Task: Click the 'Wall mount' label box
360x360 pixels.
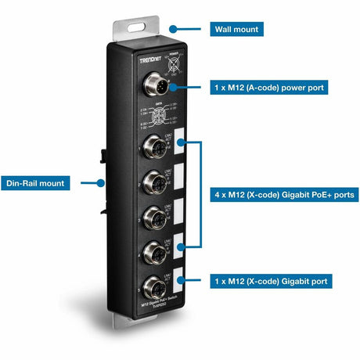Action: coord(236,29)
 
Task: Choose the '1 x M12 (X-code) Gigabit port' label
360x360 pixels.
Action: coord(270,279)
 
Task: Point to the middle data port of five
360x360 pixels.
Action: coord(152,216)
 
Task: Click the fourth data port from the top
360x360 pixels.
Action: coord(152,250)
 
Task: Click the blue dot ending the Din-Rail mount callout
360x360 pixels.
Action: coord(101,183)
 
